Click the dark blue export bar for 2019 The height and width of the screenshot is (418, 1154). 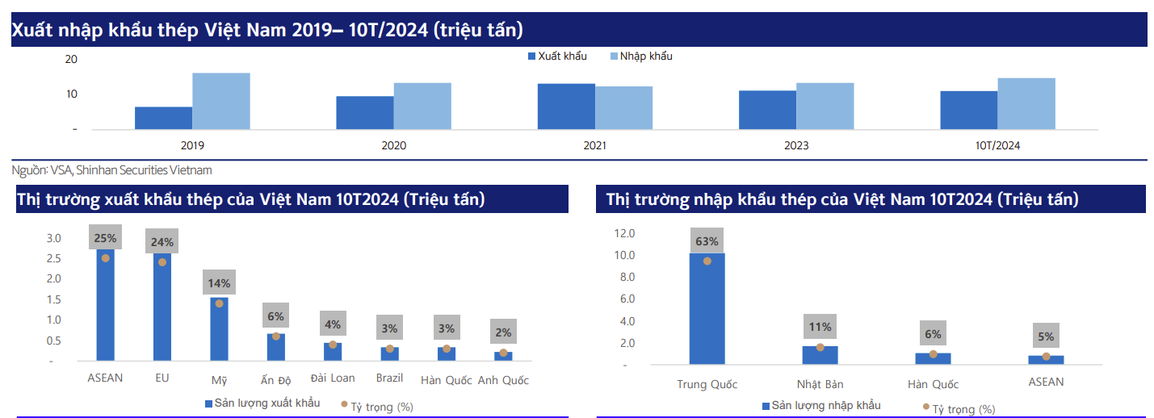(163, 118)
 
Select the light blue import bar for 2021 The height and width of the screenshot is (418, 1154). (624, 107)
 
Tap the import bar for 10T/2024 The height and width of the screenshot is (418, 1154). (1026, 103)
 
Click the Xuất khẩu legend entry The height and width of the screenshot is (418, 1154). (557, 56)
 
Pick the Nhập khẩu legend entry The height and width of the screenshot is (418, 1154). (641, 56)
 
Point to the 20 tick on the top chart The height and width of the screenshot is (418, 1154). (71, 59)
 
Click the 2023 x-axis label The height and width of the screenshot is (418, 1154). (796, 146)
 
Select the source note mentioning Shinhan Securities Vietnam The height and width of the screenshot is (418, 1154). (111, 170)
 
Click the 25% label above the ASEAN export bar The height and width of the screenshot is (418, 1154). (105, 238)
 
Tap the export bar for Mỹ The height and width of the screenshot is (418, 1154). (219, 329)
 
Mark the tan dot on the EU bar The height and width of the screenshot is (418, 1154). (162, 262)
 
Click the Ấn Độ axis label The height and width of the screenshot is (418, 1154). (275, 380)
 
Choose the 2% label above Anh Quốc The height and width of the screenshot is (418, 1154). (503, 332)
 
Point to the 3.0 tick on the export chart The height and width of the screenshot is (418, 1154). (53, 238)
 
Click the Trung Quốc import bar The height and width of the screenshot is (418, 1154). (707, 309)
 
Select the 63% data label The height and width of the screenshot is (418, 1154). (707, 241)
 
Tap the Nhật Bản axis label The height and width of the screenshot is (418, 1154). (820, 384)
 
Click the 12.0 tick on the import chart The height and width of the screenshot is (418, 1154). (624, 233)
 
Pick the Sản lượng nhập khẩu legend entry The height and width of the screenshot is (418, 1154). (822, 406)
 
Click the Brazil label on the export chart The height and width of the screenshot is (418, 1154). (389, 378)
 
